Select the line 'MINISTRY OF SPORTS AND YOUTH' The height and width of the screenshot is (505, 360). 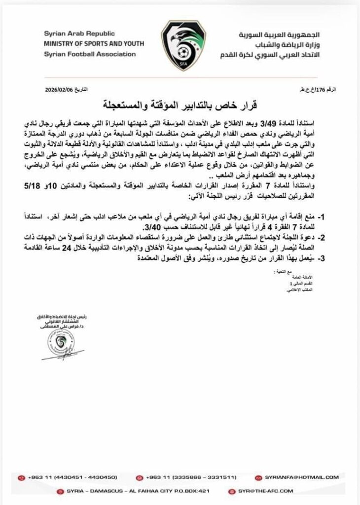(x=94, y=44)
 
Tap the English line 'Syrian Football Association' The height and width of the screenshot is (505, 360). (x=89, y=54)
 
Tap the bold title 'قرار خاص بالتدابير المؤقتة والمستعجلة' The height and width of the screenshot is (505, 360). (x=180, y=106)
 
